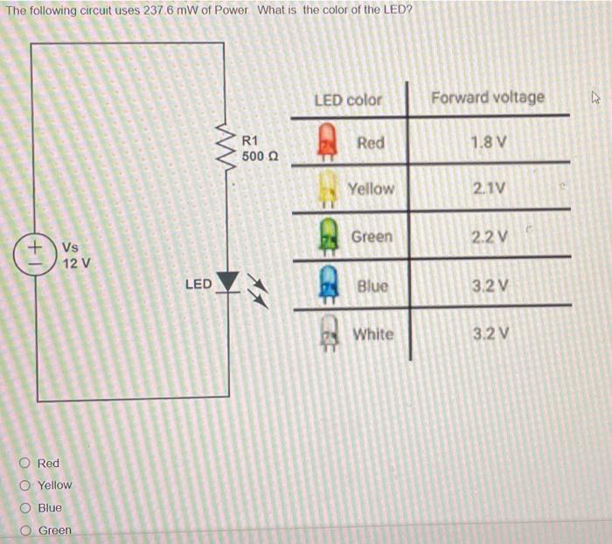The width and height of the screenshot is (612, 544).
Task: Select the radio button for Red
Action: coord(27,463)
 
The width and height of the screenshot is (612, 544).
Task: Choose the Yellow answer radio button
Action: coord(27,485)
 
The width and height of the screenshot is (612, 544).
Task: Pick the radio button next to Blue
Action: coord(27,508)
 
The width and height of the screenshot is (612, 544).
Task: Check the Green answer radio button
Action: coord(27,530)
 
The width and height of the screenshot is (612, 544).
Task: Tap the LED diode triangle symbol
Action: coord(228,282)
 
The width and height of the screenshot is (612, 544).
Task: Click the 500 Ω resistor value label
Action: coord(260,156)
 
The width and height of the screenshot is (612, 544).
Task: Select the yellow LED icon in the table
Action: coord(328,188)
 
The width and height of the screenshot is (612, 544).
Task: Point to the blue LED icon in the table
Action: coord(328,285)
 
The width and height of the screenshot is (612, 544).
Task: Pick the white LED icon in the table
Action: coord(328,333)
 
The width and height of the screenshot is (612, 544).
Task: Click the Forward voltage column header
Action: coord(488,97)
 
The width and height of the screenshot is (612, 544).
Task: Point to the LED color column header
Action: coord(348,100)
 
